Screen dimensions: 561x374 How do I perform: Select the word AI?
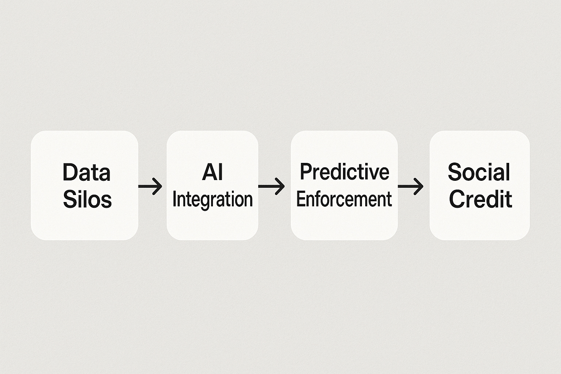coord(212,172)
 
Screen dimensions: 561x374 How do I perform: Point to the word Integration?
coord(212,200)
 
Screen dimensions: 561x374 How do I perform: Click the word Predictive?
coord(344,172)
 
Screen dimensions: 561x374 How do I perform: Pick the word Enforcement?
coord(344,199)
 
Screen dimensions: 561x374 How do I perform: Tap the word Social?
coord(479,172)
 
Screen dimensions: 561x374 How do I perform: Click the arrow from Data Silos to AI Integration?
coord(150,186)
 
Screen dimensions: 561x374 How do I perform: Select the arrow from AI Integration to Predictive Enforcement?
coord(271,186)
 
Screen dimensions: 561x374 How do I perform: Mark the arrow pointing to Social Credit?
coord(411,186)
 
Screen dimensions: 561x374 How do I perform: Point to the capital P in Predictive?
coord(305,172)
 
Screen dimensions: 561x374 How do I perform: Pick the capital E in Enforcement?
coord(300,199)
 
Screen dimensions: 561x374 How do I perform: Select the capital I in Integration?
coord(174,200)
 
